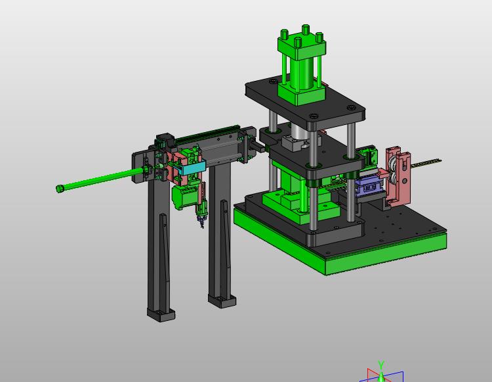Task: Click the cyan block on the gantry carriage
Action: point(192,167)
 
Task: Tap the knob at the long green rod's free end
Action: point(60,189)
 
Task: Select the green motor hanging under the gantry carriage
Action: point(182,196)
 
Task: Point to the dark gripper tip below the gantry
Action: point(201,222)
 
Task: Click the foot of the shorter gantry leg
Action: point(222,301)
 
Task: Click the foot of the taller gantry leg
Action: point(161,315)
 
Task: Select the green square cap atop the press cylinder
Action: point(302,45)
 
